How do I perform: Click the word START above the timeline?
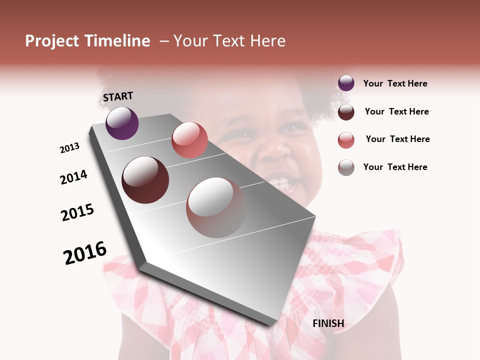[x=118, y=96]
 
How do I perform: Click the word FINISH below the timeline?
[x=328, y=323]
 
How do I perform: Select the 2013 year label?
[x=70, y=148]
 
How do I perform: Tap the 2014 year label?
[x=73, y=177]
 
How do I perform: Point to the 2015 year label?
[x=77, y=212]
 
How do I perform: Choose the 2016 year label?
[x=85, y=253]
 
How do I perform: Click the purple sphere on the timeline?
[x=122, y=123]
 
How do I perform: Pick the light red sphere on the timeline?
[x=189, y=140]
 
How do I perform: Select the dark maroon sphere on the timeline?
[x=145, y=180]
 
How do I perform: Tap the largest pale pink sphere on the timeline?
[x=216, y=207]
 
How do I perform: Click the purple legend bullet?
[x=346, y=83]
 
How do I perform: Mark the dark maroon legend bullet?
[x=346, y=112]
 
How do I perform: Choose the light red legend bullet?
[x=346, y=140]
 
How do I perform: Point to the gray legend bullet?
[x=346, y=167]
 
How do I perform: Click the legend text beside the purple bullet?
[x=395, y=84]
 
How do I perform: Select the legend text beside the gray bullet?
[x=395, y=167]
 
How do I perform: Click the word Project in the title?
[x=52, y=41]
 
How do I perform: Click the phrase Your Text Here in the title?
[x=229, y=41]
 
